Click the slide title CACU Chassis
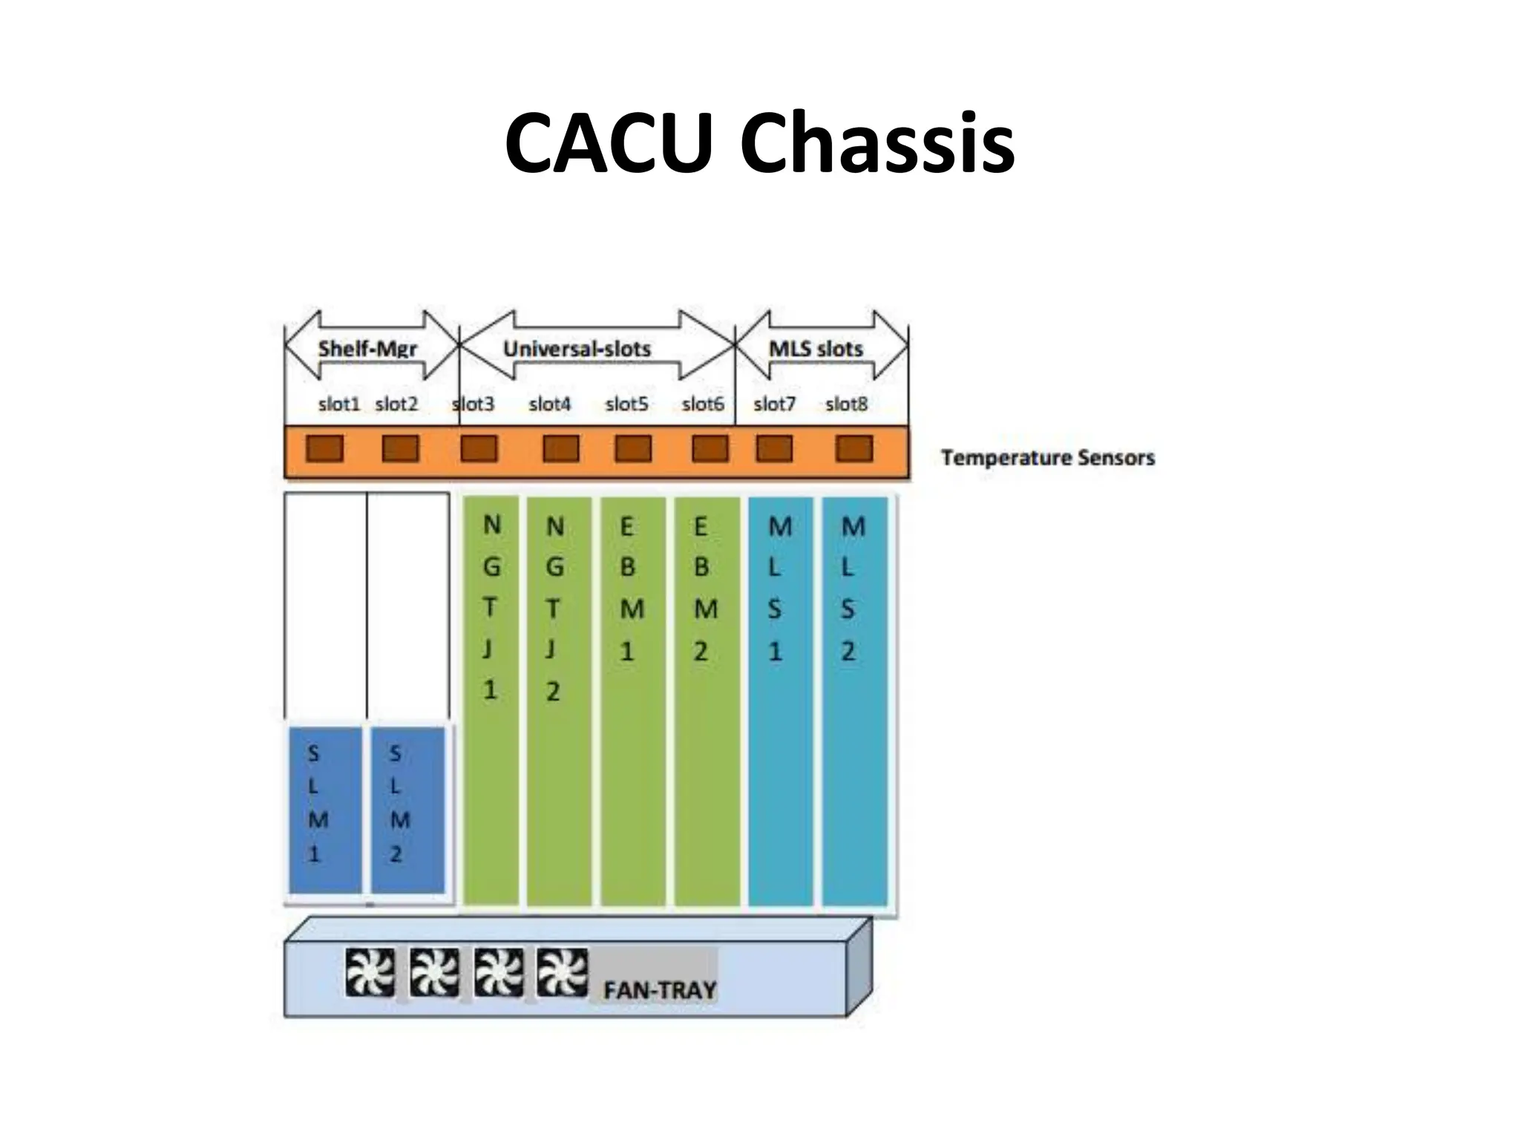click(x=759, y=142)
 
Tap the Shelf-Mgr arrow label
click(x=367, y=348)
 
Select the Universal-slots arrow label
click(x=577, y=348)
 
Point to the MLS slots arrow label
click(x=816, y=348)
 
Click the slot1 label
click(x=338, y=404)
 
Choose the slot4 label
click(x=549, y=404)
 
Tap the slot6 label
click(x=702, y=404)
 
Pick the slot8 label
click(x=846, y=404)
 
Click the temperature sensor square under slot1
click(x=325, y=449)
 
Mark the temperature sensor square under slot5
click(x=633, y=449)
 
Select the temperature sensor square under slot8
click(x=854, y=449)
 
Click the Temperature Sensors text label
click(x=1048, y=457)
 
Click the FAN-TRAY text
click(x=659, y=989)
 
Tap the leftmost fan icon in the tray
click(x=370, y=972)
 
